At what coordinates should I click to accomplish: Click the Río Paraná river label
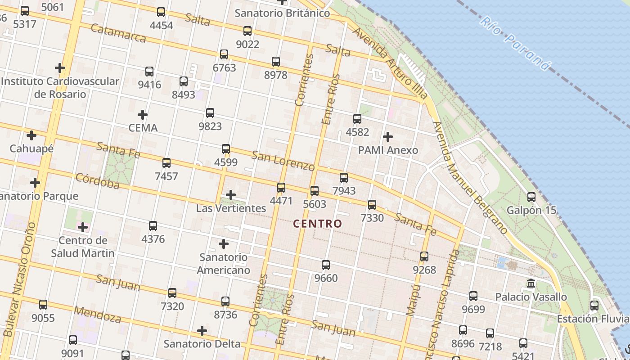(x=515, y=44)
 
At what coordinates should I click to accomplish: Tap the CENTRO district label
(x=318, y=224)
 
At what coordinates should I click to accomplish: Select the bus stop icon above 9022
(x=247, y=31)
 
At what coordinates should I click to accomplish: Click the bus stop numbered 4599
(x=226, y=149)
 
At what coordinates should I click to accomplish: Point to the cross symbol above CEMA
(x=143, y=115)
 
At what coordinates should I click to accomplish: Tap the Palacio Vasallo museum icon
(x=531, y=283)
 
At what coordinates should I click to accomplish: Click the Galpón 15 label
(x=531, y=210)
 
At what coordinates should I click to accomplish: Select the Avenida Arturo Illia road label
(x=390, y=63)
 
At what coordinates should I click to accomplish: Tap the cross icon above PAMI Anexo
(x=388, y=136)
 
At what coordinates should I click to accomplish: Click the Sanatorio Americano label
(x=224, y=264)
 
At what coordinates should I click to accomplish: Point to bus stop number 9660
(x=326, y=265)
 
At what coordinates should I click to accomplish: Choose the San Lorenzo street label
(x=283, y=161)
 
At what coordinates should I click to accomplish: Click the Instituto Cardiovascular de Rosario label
(x=60, y=88)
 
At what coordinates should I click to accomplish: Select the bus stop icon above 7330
(x=372, y=205)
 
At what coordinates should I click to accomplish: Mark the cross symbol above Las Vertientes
(x=231, y=195)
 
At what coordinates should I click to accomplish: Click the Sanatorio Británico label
(x=282, y=13)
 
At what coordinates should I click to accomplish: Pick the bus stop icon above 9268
(x=424, y=256)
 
